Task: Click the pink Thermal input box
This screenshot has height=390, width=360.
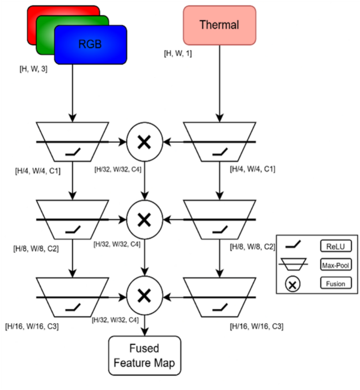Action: point(219,25)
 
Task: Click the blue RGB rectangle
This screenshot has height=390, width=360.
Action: point(90,44)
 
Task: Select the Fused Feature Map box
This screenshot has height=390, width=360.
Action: point(144,355)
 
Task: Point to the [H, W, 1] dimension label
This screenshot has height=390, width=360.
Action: point(179,53)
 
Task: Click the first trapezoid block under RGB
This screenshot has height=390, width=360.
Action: point(73,141)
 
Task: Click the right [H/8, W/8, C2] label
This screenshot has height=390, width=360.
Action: point(253,246)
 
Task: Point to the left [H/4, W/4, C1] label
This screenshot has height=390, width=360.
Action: point(39,170)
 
